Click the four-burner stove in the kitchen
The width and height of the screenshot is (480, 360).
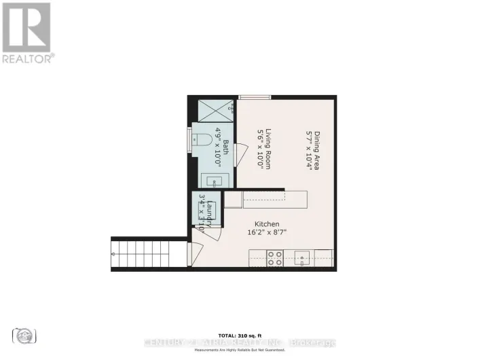[x=274, y=258]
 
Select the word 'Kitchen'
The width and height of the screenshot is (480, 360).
[x=267, y=224]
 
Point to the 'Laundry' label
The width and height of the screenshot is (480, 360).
[x=210, y=211]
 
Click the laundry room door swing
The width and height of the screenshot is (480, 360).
[x=211, y=230]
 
